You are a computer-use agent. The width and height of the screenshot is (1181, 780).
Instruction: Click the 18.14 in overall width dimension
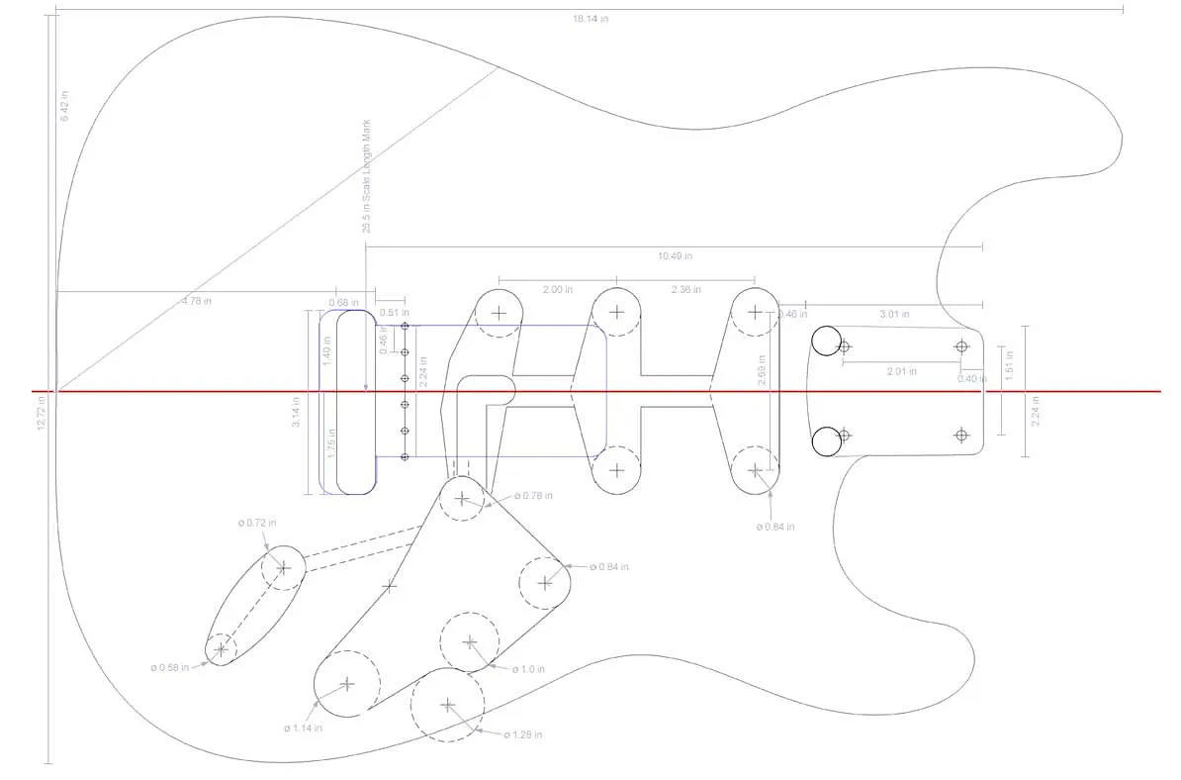point(589,19)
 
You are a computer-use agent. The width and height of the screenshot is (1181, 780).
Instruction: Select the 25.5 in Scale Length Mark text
point(366,176)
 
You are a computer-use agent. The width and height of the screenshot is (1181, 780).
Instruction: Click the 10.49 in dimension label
point(675,255)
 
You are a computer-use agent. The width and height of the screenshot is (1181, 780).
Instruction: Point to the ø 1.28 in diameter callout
point(523,734)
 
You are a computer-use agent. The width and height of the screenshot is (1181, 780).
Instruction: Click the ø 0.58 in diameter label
point(171,667)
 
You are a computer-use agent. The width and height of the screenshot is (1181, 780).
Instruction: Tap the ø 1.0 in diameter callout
point(528,669)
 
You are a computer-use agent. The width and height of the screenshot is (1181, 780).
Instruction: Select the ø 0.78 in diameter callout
point(533,495)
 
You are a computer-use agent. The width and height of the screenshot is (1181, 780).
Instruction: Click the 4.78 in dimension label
point(196,301)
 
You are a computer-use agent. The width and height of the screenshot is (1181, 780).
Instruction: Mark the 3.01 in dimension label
point(895,314)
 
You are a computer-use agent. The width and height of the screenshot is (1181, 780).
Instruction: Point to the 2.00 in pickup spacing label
point(558,289)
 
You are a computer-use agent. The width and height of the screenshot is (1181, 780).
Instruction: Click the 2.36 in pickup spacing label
point(684,289)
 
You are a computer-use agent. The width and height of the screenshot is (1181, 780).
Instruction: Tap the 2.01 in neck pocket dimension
point(901,371)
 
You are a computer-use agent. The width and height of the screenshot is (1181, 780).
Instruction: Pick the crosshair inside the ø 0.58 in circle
point(221,649)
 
